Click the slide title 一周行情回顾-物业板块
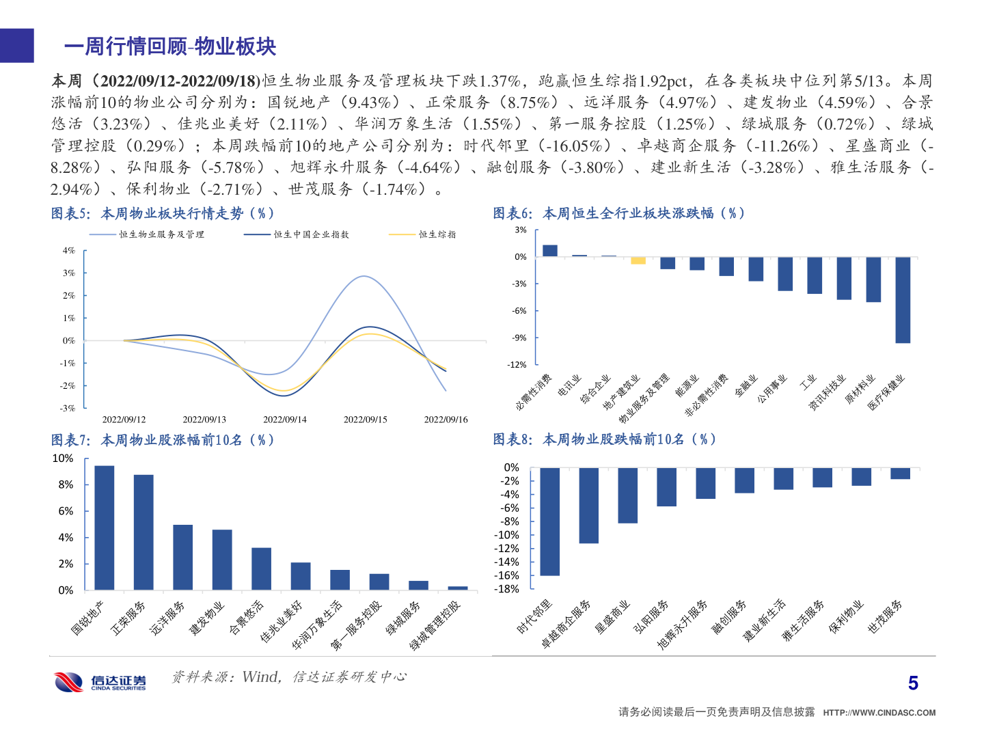tap(170, 46)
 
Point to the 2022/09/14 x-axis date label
tap(285, 420)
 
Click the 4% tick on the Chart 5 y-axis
tap(69, 251)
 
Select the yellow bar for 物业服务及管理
tap(638, 260)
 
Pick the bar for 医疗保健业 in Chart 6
tap(903, 300)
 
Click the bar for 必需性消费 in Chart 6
tap(550, 251)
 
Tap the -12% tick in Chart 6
tap(517, 365)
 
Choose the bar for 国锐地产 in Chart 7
tap(105, 528)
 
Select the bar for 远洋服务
tap(182, 557)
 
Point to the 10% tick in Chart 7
tap(63, 459)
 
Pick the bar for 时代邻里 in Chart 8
tap(549, 521)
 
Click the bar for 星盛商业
tap(627, 495)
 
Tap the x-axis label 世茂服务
tap(885, 616)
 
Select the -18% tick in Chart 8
tap(508, 589)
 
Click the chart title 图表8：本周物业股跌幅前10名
tap(604, 439)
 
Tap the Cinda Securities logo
tap(100, 682)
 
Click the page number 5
tap(913, 683)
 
